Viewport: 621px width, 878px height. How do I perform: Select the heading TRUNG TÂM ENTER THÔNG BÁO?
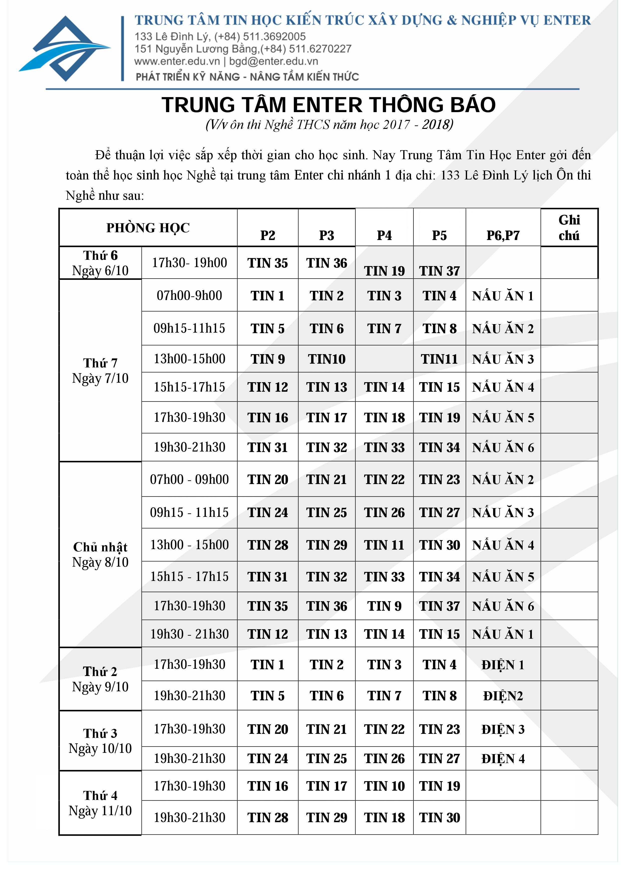pyautogui.click(x=328, y=105)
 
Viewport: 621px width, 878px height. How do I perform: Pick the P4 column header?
pyautogui.click(x=384, y=236)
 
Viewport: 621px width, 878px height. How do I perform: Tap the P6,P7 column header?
pyautogui.click(x=503, y=236)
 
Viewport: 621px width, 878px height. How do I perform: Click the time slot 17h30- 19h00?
pyautogui.click(x=189, y=263)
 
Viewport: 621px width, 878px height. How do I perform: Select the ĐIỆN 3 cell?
pyautogui.click(x=503, y=729)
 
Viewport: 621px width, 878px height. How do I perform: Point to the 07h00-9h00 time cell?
pyautogui.click(x=189, y=296)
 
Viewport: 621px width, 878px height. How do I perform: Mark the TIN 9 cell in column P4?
pyautogui.click(x=384, y=606)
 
